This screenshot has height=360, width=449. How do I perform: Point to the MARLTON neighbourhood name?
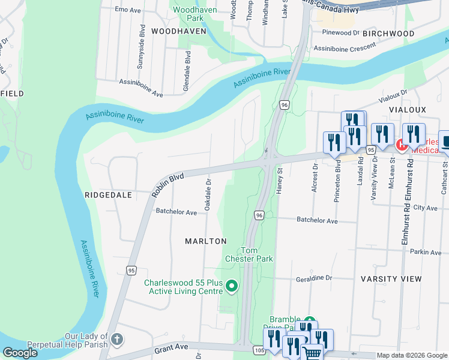[206, 241]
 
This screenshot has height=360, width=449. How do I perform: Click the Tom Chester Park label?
[257, 254]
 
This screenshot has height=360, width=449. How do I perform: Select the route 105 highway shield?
[259, 349]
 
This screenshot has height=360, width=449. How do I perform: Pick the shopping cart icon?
[312, 353]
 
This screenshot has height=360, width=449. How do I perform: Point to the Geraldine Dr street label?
[314, 278]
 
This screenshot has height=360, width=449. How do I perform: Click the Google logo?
[20, 353]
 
